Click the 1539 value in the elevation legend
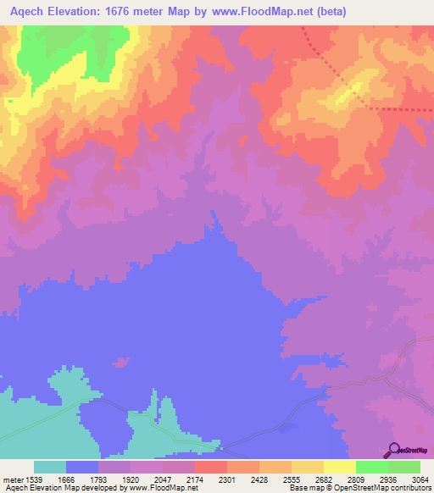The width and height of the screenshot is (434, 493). coord(34,479)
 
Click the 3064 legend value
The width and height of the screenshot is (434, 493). coord(420,479)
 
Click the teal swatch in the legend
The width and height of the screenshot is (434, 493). coord(50,467)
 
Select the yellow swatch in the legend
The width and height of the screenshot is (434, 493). coord(340,467)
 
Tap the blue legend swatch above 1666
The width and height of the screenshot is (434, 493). coord(82,467)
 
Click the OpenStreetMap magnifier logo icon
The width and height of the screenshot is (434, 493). coord(392,450)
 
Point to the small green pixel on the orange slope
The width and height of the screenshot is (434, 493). coord(11,101)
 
